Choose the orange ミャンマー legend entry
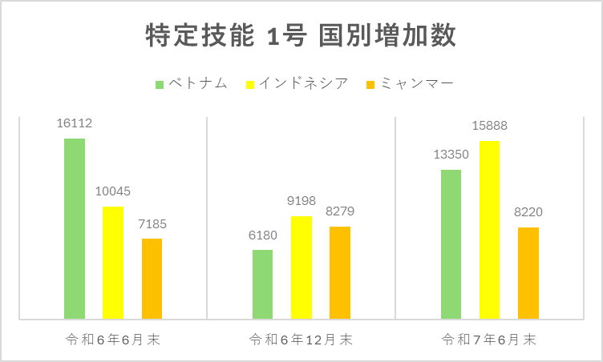[x=409, y=83]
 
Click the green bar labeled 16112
[x=75, y=228]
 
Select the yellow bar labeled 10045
[x=113, y=263]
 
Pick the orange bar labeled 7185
[x=152, y=279]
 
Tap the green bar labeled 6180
[x=262, y=284]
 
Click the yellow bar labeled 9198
[x=301, y=267]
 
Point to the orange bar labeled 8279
[x=340, y=272]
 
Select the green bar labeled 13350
[x=451, y=244]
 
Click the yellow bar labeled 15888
[x=489, y=230]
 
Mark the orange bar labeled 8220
[x=528, y=273]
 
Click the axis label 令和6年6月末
[x=113, y=340]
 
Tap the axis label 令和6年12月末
[x=301, y=340]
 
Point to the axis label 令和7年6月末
[x=489, y=340]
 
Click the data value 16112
[x=75, y=124]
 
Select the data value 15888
[x=489, y=126]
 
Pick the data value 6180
[x=262, y=235]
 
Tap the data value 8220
[x=528, y=213]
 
